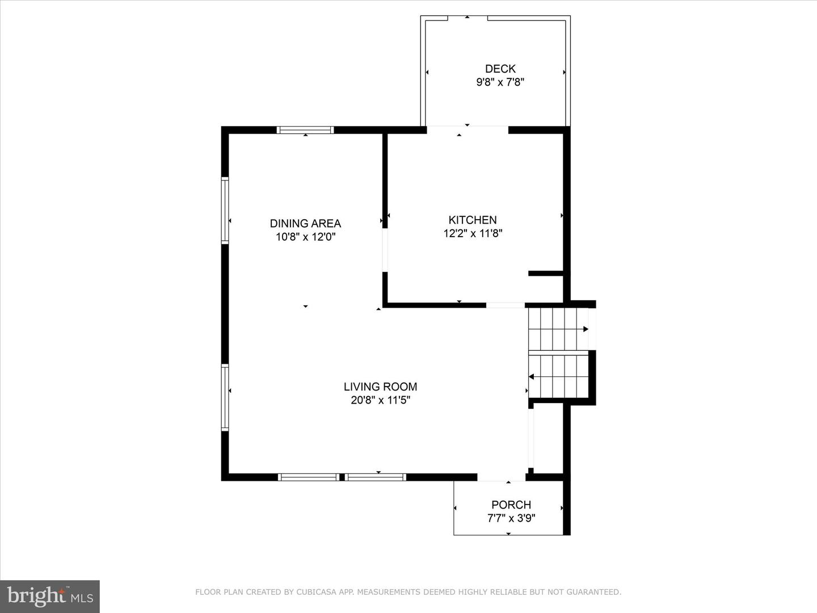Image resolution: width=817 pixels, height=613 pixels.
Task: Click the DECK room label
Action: click(500, 69)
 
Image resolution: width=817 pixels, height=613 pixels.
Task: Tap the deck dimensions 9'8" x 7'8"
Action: click(500, 82)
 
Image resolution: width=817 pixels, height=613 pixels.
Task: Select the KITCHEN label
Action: click(473, 220)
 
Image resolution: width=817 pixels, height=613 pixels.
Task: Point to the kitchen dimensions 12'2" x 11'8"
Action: click(473, 233)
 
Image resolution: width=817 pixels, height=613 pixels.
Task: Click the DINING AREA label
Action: click(305, 224)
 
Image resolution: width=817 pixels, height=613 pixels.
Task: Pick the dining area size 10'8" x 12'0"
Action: click(305, 237)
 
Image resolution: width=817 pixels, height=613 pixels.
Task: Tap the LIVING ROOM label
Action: click(380, 387)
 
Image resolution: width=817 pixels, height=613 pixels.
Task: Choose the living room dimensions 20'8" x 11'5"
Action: click(380, 400)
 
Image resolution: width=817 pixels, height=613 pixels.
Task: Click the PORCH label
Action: click(511, 505)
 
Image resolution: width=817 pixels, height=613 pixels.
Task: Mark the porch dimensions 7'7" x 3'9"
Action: click(511, 518)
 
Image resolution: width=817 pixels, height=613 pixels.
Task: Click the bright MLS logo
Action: click(50, 597)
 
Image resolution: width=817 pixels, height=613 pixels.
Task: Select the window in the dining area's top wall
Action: click(305, 130)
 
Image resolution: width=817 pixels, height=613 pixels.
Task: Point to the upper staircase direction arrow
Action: click(586, 329)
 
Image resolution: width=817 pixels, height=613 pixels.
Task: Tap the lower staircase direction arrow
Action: click(531, 376)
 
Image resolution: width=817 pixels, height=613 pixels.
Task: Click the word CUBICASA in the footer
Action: click(318, 592)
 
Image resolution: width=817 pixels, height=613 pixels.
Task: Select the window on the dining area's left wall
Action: click(225, 211)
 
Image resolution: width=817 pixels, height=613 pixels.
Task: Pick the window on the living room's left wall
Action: click(225, 397)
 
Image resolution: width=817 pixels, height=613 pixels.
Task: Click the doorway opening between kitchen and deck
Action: click(467, 129)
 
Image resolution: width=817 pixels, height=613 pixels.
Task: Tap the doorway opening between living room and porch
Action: click(502, 477)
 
